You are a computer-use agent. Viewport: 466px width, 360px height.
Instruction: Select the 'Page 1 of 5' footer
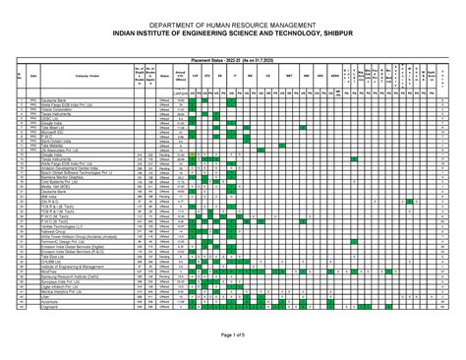pyautogui.click(x=232, y=336)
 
